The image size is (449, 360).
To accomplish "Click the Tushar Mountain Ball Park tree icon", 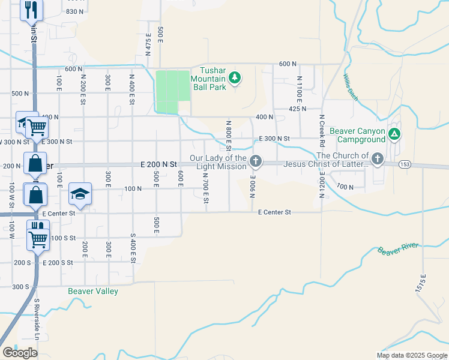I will tap(235, 78).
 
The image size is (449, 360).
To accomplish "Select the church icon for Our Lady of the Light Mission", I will tap(256, 160).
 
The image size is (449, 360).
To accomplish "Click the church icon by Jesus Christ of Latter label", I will tap(377, 159).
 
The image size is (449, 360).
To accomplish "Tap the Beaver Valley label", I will tap(92, 291).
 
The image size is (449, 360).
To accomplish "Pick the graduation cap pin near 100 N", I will tap(80, 193).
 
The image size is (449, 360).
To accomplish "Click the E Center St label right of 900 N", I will tap(274, 212).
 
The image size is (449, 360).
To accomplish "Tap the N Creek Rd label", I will tap(322, 131).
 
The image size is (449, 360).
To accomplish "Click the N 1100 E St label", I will tap(299, 88).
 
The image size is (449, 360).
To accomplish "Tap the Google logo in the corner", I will tap(20, 352).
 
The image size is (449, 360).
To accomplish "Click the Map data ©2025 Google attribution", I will tap(411, 355).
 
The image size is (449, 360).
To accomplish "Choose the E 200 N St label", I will tap(159, 164).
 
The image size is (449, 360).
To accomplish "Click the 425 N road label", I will tap(298, 109).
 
